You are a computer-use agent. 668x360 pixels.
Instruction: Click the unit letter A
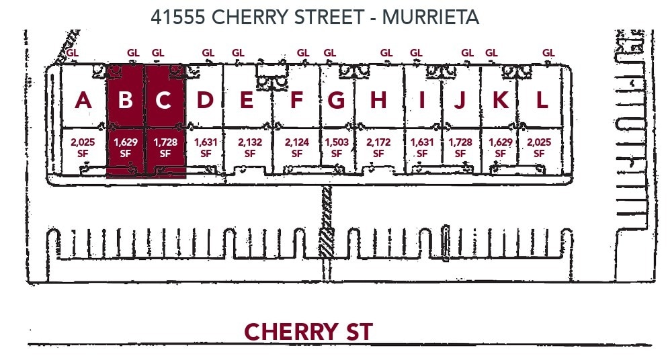[83, 100]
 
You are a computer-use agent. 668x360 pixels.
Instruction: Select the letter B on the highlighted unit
[125, 100]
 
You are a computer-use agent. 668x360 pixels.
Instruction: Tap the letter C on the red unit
[163, 100]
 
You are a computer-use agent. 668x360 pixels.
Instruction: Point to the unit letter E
[246, 100]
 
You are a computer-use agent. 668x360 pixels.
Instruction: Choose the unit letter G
[337, 100]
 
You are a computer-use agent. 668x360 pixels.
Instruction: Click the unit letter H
[378, 100]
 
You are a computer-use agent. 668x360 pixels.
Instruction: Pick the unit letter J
[460, 100]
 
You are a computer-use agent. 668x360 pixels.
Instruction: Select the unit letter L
[542, 100]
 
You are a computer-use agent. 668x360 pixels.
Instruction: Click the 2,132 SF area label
[250, 148]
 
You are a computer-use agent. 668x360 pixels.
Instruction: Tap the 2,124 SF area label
[296, 148]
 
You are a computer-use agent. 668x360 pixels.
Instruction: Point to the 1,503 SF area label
[337, 148]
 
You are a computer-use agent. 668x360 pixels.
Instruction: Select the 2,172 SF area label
[378, 148]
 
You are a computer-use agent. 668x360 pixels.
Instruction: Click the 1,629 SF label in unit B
[125, 148]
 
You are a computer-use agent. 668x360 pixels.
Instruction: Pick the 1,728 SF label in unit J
[460, 148]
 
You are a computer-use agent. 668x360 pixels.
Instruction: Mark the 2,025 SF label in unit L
[539, 148]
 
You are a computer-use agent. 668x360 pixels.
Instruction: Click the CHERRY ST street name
[308, 332]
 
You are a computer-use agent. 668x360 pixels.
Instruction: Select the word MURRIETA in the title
[430, 17]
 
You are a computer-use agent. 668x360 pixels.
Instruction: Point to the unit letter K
[501, 100]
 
